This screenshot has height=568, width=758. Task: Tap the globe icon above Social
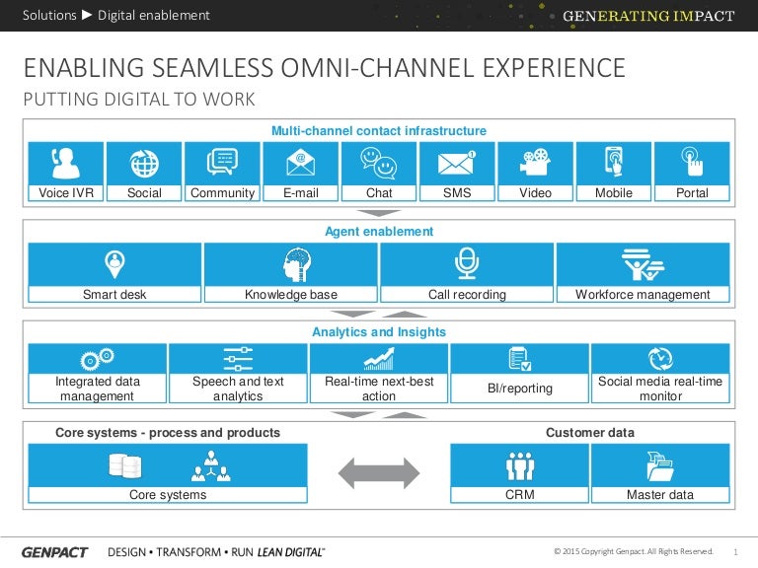pyautogui.click(x=144, y=162)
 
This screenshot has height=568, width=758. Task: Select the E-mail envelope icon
pyautogui.click(x=301, y=162)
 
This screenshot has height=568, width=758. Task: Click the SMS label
pyautogui.click(x=457, y=193)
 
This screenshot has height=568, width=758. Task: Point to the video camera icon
pyautogui.click(x=535, y=162)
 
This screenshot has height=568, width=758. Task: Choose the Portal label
pyautogui.click(x=692, y=193)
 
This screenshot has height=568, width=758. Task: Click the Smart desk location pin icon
pyautogui.click(x=114, y=263)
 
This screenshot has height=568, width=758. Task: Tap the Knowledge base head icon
pyautogui.click(x=291, y=263)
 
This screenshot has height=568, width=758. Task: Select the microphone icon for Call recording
pyautogui.click(x=467, y=263)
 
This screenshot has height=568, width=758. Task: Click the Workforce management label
pyautogui.click(x=643, y=294)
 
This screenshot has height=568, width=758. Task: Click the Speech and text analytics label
pyautogui.click(x=238, y=389)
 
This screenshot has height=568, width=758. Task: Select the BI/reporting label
pyautogui.click(x=520, y=389)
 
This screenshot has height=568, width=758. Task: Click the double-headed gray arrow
pyautogui.click(x=379, y=472)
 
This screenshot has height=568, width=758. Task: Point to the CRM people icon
pyautogui.click(x=520, y=463)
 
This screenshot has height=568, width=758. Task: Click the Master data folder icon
pyautogui.click(x=660, y=463)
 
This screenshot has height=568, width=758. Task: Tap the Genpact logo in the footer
pyautogui.click(x=55, y=551)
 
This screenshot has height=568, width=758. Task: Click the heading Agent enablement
pyautogui.click(x=379, y=232)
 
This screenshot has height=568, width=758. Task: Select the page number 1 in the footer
pyautogui.click(x=736, y=551)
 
